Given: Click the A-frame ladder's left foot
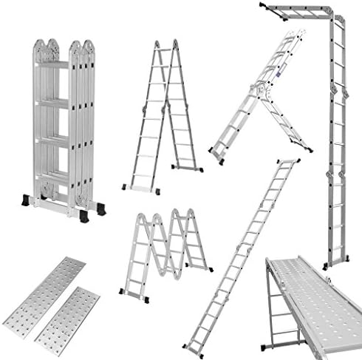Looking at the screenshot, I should [x=127, y=187].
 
